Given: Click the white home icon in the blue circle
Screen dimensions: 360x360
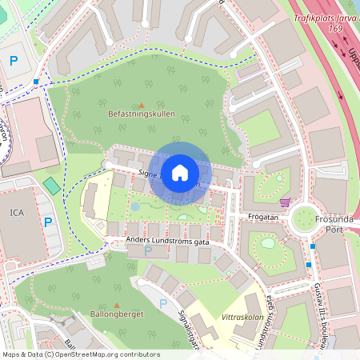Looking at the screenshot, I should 180,172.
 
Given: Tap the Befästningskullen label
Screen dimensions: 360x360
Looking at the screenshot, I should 141,114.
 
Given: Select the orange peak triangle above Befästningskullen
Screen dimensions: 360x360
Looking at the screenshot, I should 142,105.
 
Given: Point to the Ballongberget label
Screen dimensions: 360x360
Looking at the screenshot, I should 117,314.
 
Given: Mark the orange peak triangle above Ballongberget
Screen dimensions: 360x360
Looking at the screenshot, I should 117,305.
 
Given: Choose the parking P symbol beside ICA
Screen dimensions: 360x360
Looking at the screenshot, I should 48,222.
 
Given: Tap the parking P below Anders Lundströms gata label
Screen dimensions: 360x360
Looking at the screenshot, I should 147,251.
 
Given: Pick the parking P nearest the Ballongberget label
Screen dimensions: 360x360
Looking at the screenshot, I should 163,303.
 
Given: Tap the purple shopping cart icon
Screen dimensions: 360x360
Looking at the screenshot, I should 286,202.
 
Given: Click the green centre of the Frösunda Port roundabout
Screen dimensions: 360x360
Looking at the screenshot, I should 305,218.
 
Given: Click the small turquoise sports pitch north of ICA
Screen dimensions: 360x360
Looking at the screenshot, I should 51,186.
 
